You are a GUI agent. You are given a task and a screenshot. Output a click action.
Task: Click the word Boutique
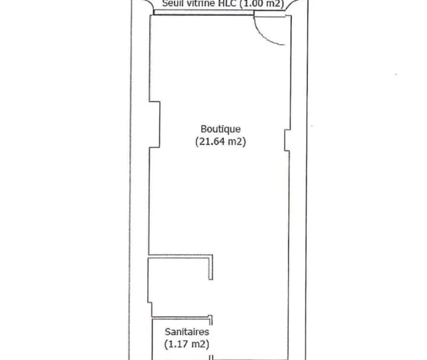pyautogui.click(x=220, y=129)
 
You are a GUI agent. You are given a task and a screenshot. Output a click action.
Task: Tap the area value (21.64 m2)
pyautogui.click(x=220, y=141)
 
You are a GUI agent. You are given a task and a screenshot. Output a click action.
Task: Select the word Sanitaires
pyautogui.click(x=187, y=332)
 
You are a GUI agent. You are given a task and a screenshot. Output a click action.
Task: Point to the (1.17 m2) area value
pyautogui.click(x=187, y=344)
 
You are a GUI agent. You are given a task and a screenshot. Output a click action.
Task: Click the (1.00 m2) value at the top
pyautogui.click(x=262, y=4)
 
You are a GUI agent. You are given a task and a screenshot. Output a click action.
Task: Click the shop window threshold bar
pyautogui.click(x=204, y=12)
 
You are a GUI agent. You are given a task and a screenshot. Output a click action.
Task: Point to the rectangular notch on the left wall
pyautogui.click(x=154, y=125)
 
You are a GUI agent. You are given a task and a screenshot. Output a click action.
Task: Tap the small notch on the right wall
pyautogui.click(x=287, y=140)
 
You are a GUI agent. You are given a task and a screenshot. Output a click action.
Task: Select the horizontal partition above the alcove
pyautogui.click(x=180, y=256)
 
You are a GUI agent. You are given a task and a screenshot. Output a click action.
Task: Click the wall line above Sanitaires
pyautogui.click(x=181, y=317)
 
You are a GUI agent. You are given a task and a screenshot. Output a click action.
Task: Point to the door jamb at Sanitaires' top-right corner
pyautogui.click(x=210, y=320)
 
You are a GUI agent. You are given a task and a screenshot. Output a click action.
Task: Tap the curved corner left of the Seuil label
pyautogui.click(x=148, y=5)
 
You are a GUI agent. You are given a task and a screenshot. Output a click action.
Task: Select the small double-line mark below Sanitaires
pyautogui.click(x=211, y=357)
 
